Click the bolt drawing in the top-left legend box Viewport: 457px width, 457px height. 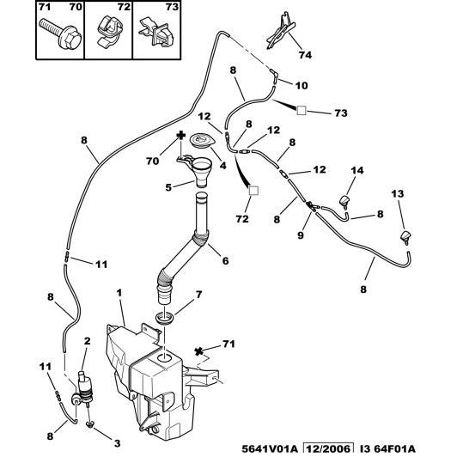point(61,34)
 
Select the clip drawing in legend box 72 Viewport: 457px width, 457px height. point(108,31)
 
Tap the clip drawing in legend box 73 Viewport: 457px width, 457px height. point(157,32)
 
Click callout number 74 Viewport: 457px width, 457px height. point(305,55)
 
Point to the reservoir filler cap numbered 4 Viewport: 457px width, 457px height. point(202,140)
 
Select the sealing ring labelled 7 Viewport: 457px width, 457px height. point(165,318)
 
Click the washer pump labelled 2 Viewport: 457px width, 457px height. point(84,388)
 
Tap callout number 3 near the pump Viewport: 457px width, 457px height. point(117,443)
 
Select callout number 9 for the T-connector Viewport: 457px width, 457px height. point(301,235)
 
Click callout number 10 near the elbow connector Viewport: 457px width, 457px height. point(302,85)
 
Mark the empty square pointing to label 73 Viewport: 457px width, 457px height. point(302,111)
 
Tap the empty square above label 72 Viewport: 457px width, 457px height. point(253,191)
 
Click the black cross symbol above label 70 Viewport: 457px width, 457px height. point(181,135)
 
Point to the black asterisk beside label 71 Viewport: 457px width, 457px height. point(198,351)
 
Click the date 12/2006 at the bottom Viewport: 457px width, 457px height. point(328,448)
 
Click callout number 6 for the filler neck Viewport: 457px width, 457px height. point(225,260)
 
